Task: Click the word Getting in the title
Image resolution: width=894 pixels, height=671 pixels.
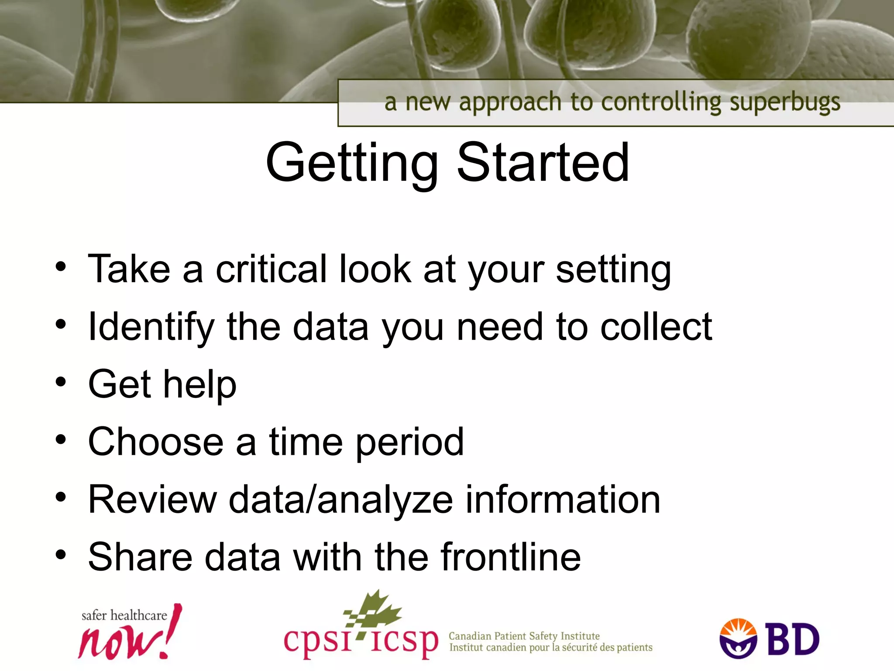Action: tap(351, 164)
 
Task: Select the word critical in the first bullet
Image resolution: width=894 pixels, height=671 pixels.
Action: tap(271, 269)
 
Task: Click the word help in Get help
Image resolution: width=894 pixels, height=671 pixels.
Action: tap(199, 384)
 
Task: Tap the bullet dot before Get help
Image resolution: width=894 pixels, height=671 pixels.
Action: tap(61, 382)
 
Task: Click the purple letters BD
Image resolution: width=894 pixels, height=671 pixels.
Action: tap(793, 640)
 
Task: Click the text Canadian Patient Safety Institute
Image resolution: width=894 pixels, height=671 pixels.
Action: tap(524, 636)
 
